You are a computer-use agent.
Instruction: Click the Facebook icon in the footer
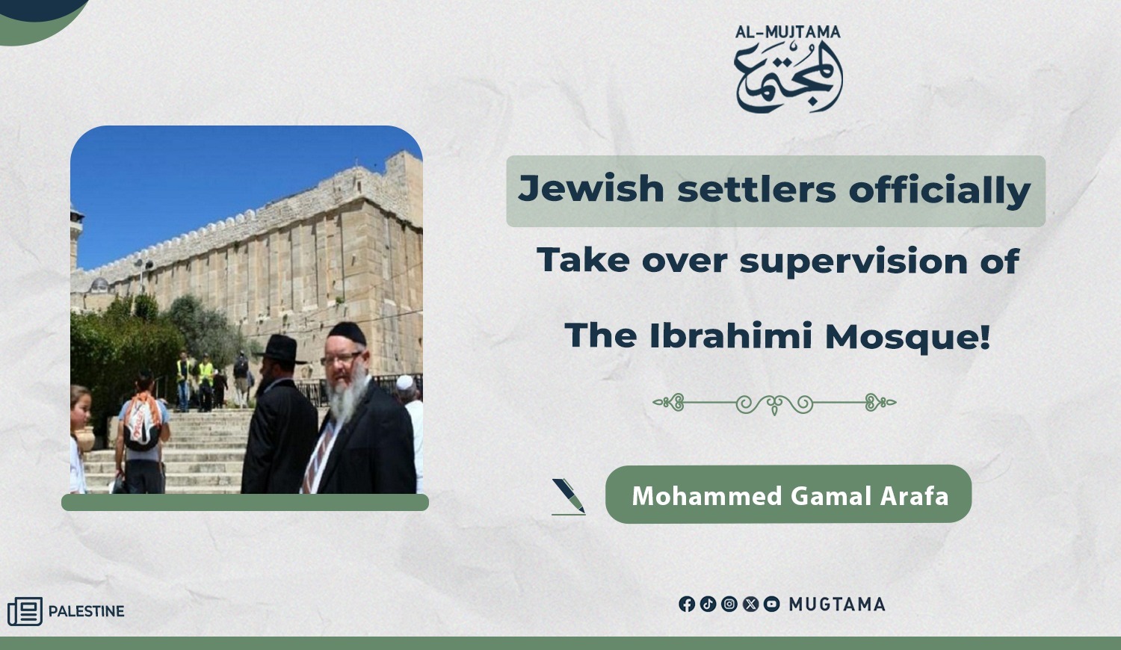[687, 604]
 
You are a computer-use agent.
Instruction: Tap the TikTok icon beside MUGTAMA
[708, 604]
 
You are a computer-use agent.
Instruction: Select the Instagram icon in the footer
[729, 604]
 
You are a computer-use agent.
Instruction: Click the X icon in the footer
[750, 604]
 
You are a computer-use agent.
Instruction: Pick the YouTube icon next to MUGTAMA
[772, 604]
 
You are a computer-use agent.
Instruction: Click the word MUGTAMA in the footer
[837, 604]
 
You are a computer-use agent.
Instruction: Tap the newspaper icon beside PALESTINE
[25, 611]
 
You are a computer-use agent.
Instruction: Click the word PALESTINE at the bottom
[86, 611]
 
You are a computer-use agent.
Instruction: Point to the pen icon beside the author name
[569, 496]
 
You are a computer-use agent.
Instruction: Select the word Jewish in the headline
[591, 189]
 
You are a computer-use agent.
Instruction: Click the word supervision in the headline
[853, 261]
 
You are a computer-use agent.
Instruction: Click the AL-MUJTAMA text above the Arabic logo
[788, 32]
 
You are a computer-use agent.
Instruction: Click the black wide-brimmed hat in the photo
[280, 349]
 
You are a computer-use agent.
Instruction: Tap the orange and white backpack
[142, 421]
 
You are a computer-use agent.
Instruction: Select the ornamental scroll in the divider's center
[774, 403]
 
